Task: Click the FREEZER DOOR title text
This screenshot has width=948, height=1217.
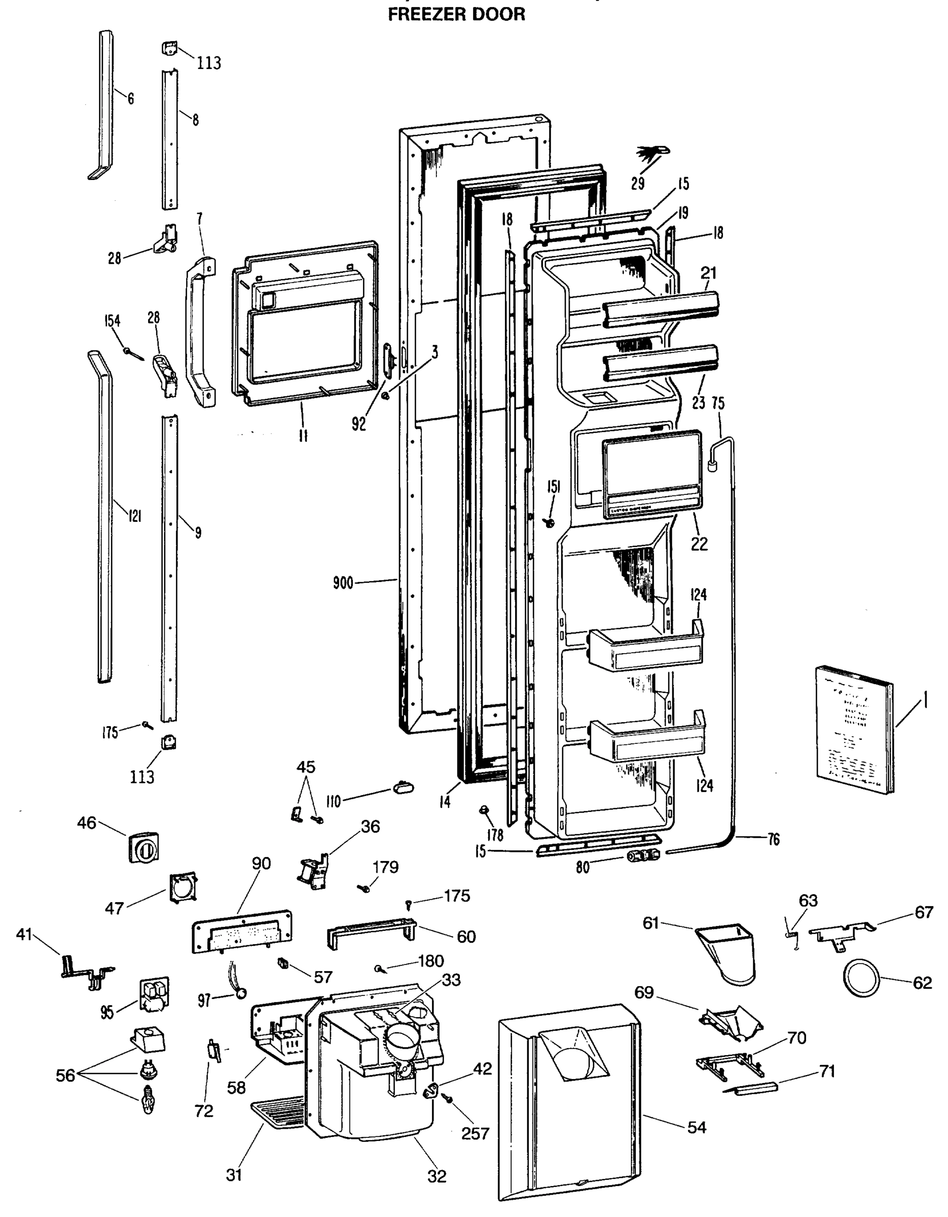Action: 456,14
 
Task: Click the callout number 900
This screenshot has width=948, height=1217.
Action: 343,583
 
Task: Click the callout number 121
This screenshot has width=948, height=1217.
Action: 134,516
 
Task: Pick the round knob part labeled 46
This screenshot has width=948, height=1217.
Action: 143,847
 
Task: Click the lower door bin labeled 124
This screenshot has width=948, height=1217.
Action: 646,739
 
